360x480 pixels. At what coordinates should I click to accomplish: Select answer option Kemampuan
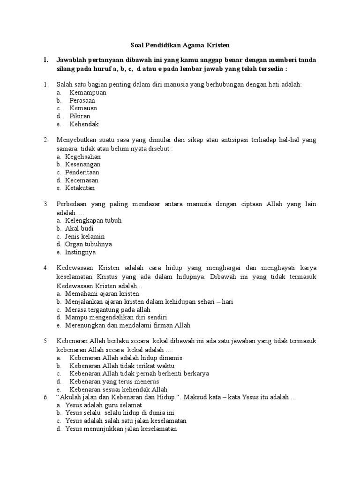(x=88, y=92)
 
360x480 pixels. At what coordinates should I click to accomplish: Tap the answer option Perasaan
(x=82, y=100)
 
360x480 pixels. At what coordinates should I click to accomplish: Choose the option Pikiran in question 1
(x=80, y=116)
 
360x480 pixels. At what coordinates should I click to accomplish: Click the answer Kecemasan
(x=82, y=180)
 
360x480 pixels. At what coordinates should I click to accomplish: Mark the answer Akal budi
(x=79, y=228)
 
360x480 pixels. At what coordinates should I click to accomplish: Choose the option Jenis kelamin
(x=85, y=236)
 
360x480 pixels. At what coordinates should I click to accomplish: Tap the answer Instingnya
(x=80, y=252)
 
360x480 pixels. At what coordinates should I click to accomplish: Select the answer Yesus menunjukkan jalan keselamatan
(x=121, y=428)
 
